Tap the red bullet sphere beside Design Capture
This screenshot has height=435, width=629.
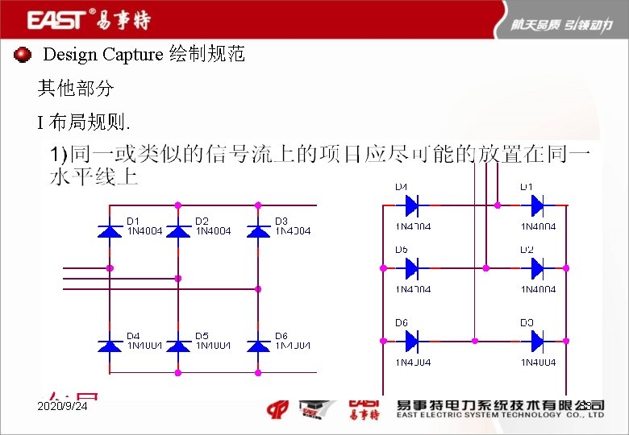(x=23, y=55)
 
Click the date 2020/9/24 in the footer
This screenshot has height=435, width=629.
(x=62, y=408)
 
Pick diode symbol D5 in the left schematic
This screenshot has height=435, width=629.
(x=178, y=346)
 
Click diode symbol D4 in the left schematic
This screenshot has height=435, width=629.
(x=110, y=346)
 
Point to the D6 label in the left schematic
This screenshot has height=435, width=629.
(x=281, y=336)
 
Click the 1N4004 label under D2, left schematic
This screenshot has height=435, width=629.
(x=213, y=231)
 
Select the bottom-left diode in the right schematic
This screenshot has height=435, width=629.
(x=410, y=342)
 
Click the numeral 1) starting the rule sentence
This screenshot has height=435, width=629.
(x=59, y=154)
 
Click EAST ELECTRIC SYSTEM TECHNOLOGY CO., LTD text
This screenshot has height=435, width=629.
(x=500, y=416)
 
